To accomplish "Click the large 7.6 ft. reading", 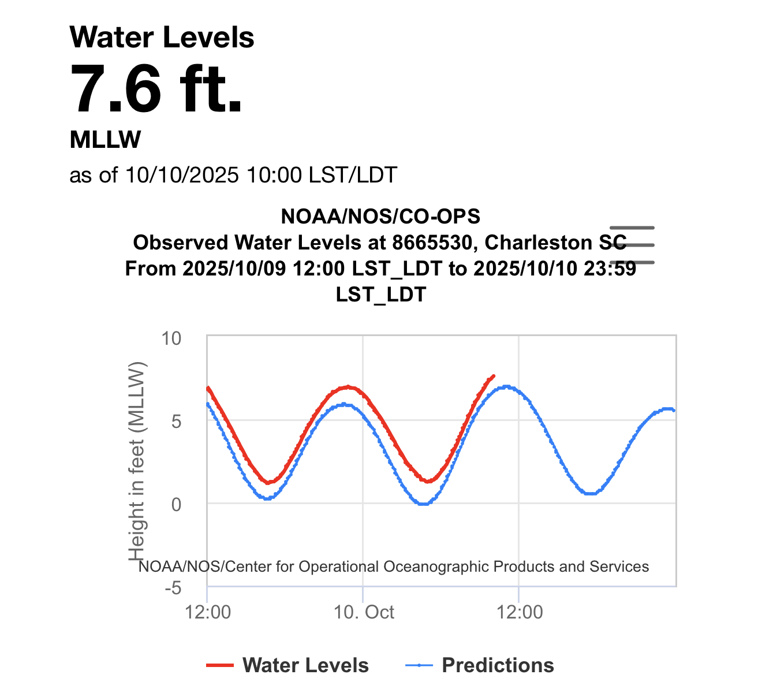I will coord(156,90).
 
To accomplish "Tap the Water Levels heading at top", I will coord(162,38).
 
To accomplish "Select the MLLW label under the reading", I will coord(105,140).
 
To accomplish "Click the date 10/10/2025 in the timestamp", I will coord(182,174).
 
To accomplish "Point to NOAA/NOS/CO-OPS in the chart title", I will coord(380,217).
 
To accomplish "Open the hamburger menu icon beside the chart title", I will coord(632,245).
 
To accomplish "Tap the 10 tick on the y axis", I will coord(171,338).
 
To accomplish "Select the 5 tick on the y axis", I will coord(176,421).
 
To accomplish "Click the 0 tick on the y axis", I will coord(176,504).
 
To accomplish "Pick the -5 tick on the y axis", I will coord(173,588).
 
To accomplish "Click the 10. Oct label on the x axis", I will coord(364,612).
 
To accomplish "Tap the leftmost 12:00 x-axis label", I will coord(208,612).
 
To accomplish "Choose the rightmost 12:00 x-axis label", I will coord(520,612).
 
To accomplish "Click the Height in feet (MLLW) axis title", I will coord(137,462).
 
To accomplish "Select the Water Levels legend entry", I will coord(287,665).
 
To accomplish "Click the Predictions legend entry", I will coord(480,665).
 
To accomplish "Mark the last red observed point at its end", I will coord(494,375).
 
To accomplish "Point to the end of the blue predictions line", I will coord(674,410).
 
